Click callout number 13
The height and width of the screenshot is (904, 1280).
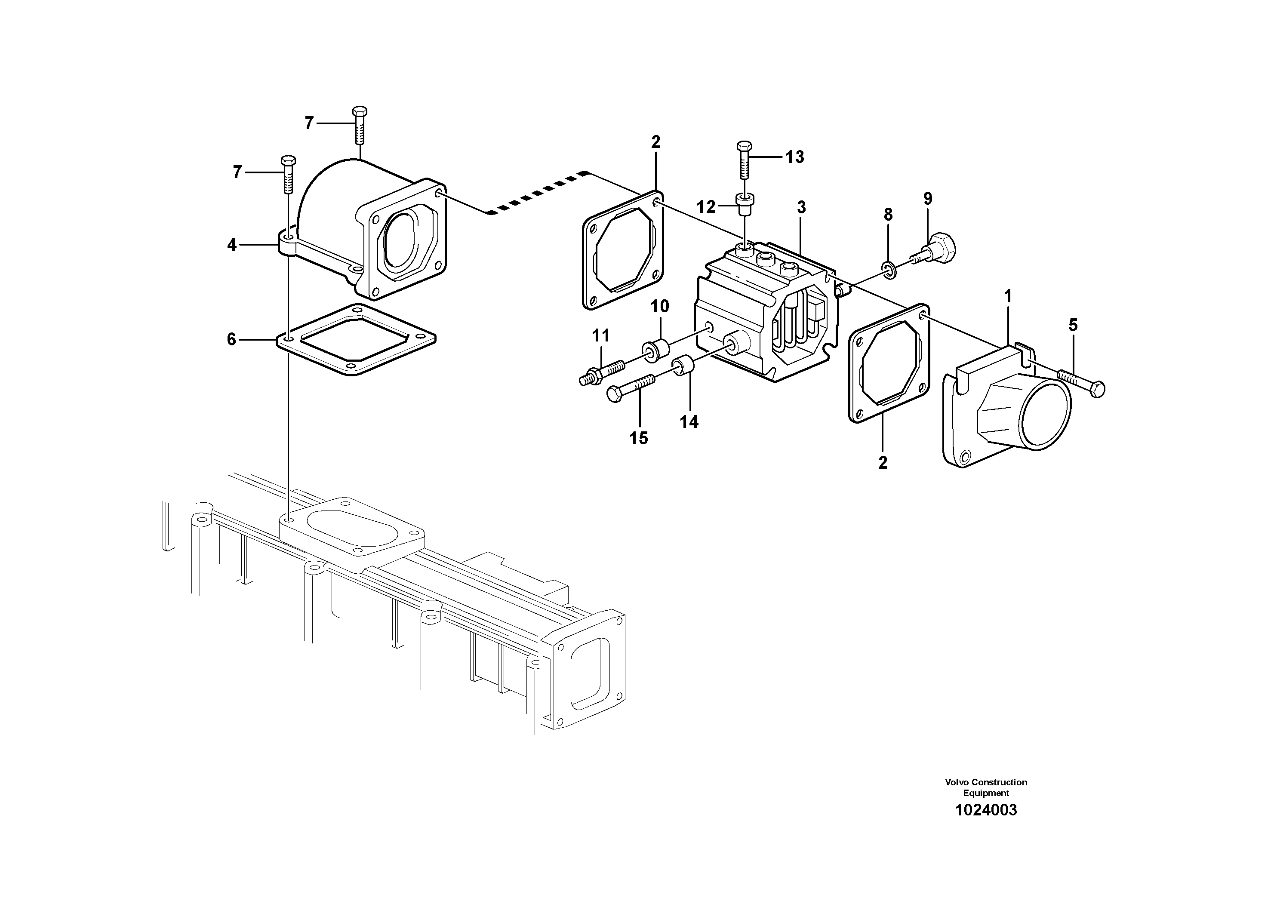[794, 157]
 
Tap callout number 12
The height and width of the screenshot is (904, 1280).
[706, 207]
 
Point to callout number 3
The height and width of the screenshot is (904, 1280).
[801, 207]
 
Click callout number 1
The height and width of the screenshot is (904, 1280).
[1007, 296]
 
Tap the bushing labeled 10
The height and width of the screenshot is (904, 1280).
[657, 350]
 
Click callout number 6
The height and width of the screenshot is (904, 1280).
[232, 339]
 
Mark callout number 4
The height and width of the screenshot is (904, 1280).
[232, 245]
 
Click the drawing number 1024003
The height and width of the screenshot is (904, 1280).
[986, 810]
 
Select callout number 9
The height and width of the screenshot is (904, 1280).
[928, 198]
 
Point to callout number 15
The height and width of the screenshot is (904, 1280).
[639, 439]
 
